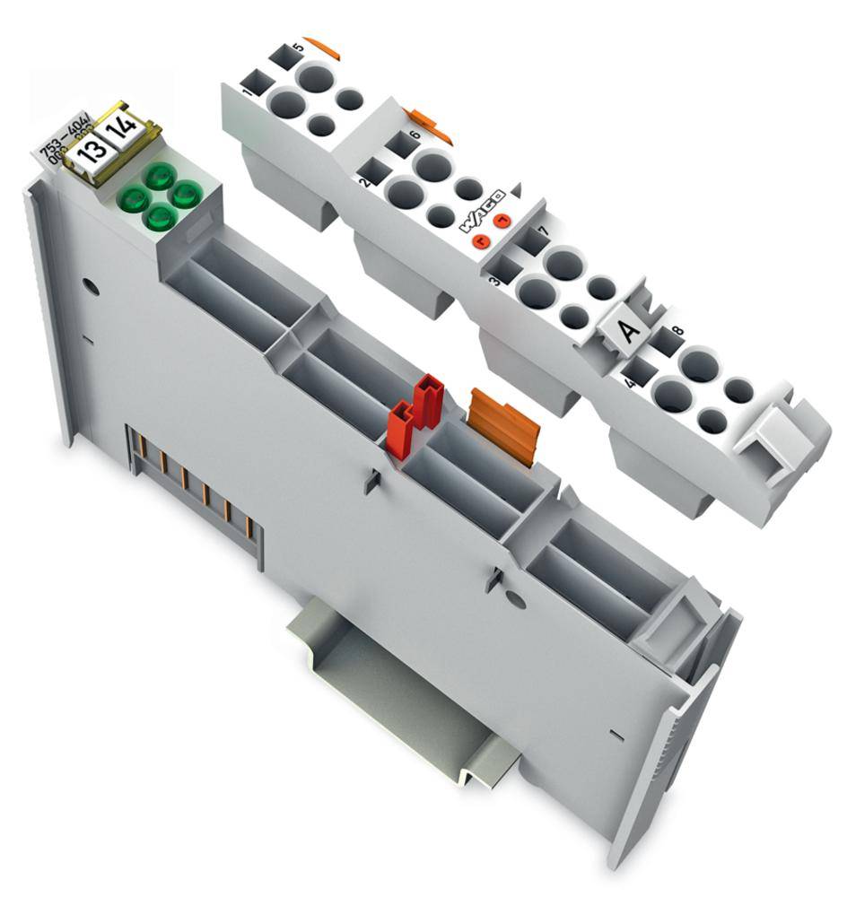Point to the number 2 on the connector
click(362, 182)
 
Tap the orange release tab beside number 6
click(429, 125)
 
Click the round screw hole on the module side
click(88, 288)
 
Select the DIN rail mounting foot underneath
click(404, 691)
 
